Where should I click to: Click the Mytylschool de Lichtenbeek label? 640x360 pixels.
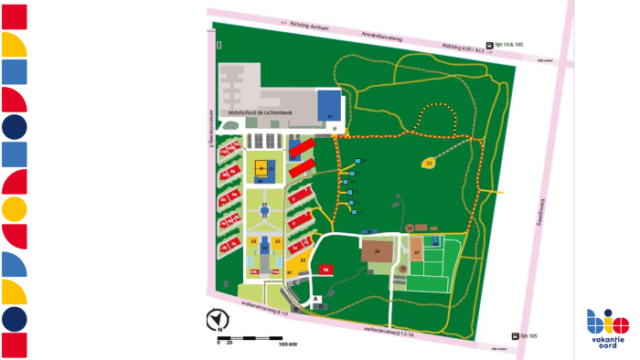(x=261, y=111)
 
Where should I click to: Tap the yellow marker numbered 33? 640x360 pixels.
(x=429, y=164)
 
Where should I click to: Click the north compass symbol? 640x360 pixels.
(x=218, y=320)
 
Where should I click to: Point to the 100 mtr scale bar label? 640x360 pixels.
(x=289, y=345)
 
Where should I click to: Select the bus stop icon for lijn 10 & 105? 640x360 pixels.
(x=491, y=44)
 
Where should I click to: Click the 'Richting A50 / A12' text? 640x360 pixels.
(x=463, y=45)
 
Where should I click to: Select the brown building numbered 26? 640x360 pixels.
(x=376, y=250)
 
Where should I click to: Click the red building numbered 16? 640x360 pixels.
(x=325, y=269)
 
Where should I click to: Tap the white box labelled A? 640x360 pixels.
(x=316, y=299)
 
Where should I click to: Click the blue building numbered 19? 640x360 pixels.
(x=265, y=245)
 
